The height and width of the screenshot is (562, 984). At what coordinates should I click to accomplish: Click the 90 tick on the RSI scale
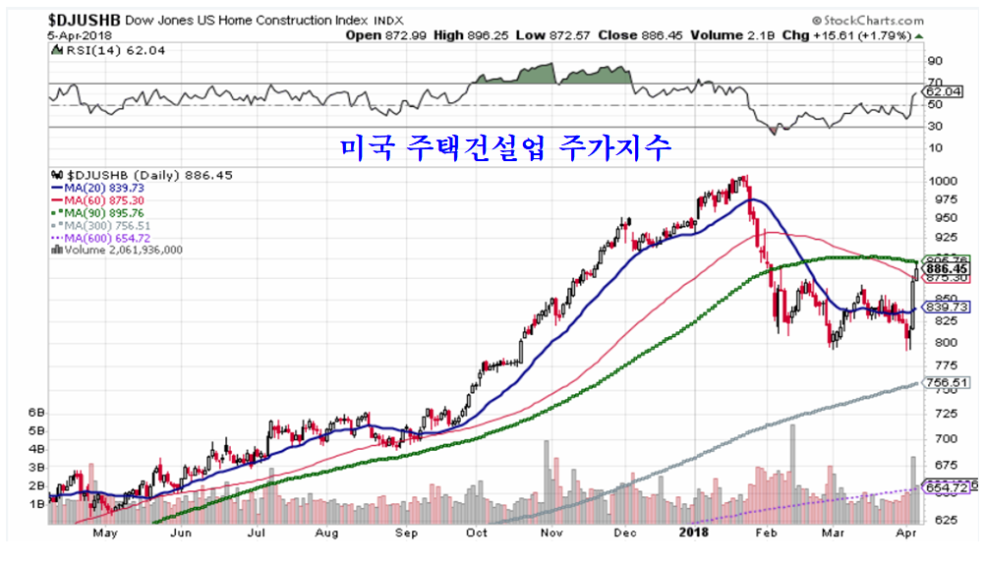pyautogui.click(x=935, y=61)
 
